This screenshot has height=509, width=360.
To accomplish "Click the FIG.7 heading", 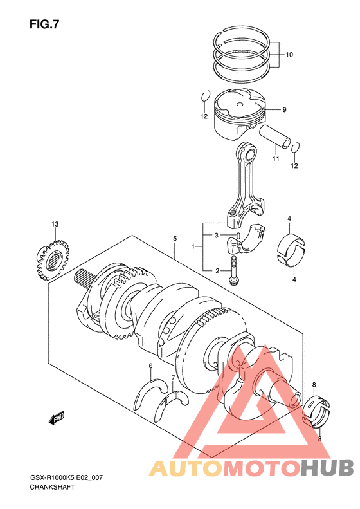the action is (x=44, y=24).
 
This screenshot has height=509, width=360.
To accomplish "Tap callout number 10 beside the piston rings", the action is (x=289, y=55).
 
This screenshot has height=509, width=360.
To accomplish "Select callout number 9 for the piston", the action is (x=284, y=110).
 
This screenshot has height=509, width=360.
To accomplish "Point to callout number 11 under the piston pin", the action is (x=276, y=159).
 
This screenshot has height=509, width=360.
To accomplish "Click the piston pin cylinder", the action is (x=274, y=136).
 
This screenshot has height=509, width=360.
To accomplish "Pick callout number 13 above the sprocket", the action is (x=55, y=224).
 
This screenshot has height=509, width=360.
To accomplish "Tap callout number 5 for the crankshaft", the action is (x=175, y=239).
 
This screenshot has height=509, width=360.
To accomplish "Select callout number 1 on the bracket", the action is (x=194, y=246).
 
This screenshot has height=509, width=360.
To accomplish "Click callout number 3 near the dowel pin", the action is (x=217, y=235).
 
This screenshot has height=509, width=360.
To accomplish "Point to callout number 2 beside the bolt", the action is (x=217, y=271).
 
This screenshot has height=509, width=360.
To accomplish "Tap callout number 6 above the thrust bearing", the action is (x=150, y=366).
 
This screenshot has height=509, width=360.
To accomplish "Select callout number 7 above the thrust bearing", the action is (x=173, y=378).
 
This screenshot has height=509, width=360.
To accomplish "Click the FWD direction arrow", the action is (x=57, y=418).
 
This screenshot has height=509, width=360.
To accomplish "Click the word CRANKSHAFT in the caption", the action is (x=52, y=487).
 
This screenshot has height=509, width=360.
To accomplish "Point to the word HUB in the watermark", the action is (x=327, y=468).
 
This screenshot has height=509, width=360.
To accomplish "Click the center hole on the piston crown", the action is (x=240, y=104).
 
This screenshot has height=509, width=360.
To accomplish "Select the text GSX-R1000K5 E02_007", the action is (x=66, y=477).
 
